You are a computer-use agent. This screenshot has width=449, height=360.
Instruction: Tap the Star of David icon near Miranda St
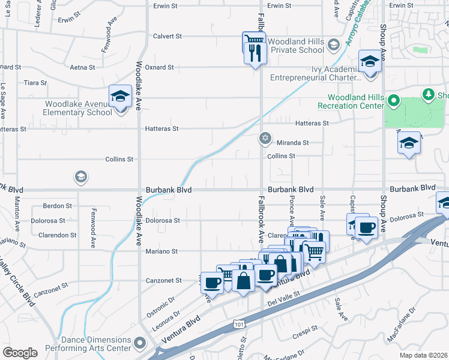point(265,139)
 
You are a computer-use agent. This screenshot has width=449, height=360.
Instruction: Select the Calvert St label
point(167,36)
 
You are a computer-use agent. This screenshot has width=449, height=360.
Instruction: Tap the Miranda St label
point(292,143)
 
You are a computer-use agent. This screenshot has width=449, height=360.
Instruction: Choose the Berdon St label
point(58,205)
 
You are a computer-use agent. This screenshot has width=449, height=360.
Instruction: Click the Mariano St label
point(162,251)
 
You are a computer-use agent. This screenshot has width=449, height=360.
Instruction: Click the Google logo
point(20,353)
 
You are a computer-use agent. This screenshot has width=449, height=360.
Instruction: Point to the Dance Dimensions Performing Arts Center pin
point(140,343)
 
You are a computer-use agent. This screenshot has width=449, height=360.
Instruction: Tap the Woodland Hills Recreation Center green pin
point(393,100)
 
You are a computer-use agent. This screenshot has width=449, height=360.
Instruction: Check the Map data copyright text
point(424,355)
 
